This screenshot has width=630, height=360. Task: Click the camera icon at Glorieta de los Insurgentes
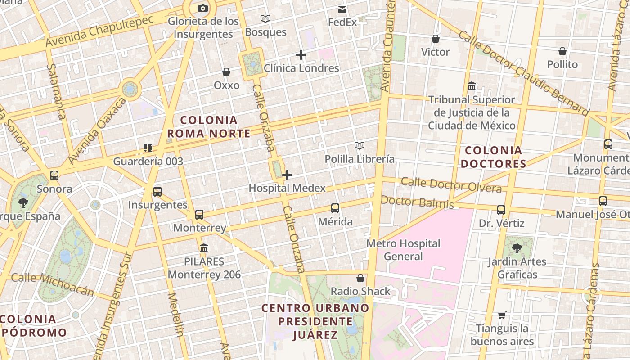203,8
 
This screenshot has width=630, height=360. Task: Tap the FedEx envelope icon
342,9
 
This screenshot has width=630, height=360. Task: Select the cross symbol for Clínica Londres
301,55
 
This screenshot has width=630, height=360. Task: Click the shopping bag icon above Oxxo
226,72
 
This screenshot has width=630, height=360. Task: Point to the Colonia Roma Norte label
209,127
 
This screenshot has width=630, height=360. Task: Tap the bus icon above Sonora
54,175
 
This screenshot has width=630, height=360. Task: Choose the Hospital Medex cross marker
287,175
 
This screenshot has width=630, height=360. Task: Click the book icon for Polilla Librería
359,145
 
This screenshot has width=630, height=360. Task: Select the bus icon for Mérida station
335,208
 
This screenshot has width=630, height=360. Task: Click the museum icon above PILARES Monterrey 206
204,248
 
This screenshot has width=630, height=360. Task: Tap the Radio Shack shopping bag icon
360,278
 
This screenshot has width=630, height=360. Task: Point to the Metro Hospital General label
403,250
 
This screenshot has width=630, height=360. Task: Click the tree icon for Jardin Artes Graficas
517,248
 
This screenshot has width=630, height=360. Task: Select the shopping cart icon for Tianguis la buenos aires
502,315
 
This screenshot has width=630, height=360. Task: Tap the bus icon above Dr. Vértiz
501,210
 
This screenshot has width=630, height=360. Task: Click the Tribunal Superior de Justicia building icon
472,86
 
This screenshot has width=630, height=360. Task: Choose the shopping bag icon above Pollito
562,51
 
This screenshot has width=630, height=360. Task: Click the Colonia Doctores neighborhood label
494,157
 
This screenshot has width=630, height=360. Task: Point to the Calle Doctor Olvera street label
451,184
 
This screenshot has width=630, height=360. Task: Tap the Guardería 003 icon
148,148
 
